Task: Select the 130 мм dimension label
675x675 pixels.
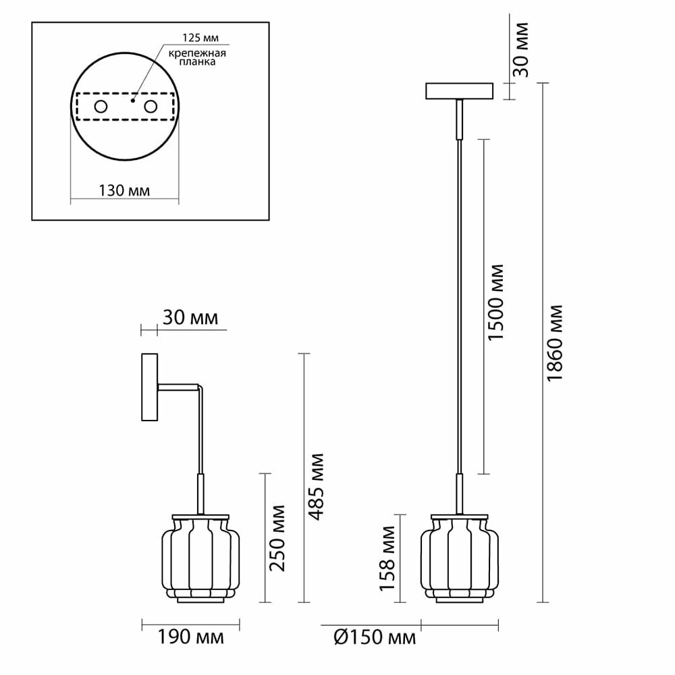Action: pos(124,191)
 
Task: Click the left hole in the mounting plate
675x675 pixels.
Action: pos(101,107)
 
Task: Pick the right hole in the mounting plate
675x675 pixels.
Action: pos(150,107)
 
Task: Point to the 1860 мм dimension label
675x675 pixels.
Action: pos(556,343)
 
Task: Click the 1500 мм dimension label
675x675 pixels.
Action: pos(496,302)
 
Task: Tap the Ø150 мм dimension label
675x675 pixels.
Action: pos(375,637)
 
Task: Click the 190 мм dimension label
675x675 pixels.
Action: pos(190,637)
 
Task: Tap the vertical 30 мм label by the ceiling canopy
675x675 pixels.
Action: pos(521,50)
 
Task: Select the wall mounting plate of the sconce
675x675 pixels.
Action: pos(149,387)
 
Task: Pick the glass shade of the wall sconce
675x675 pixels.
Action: pos(200,558)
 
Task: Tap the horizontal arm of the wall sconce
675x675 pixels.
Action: pos(179,387)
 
